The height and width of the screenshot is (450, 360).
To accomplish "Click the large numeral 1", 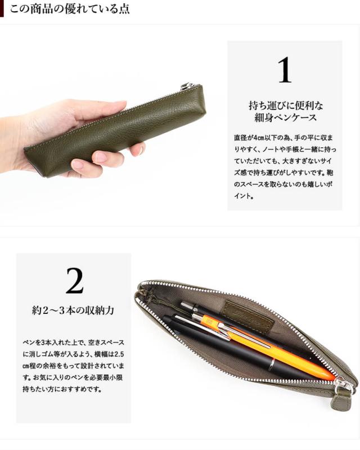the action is (285, 70).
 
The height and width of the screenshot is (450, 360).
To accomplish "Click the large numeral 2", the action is (74, 281).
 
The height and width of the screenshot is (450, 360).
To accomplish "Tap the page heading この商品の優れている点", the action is (70, 9).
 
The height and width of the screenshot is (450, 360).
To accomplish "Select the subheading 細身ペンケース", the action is (285, 118).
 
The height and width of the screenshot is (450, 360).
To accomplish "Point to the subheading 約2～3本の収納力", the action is (73, 310).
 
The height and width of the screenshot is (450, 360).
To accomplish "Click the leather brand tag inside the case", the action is (248, 315).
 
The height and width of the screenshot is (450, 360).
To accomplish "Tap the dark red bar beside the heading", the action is (2, 8).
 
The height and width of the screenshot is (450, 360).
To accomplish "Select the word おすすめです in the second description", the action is (83, 389).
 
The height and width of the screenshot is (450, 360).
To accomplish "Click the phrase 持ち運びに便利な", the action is (286, 106).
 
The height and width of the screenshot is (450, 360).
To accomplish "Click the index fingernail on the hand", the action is (100, 157).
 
